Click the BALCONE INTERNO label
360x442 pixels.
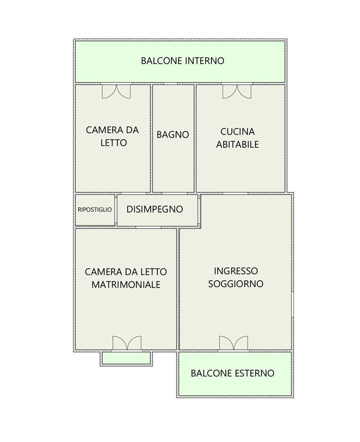(182, 61)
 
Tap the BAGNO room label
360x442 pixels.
(173, 135)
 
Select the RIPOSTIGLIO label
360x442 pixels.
(95, 209)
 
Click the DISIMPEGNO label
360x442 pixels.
(155, 209)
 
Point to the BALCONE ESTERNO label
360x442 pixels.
(232, 373)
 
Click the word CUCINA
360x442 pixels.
(238, 132)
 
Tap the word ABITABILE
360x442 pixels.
(238, 144)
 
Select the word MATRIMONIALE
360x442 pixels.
(126, 284)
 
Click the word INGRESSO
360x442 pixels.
(236, 271)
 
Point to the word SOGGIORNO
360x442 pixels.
(236, 284)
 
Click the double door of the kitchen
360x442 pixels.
(237, 91)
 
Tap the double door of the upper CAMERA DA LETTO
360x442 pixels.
(116, 91)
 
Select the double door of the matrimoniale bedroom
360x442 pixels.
(127, 343)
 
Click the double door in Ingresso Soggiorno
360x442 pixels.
(233, 343)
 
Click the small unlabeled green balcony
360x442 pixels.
(126, 358)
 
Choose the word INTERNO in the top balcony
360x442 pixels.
(204, 61)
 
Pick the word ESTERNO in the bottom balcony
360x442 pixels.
(255, 373)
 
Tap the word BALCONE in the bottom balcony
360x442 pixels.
(210, 373)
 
